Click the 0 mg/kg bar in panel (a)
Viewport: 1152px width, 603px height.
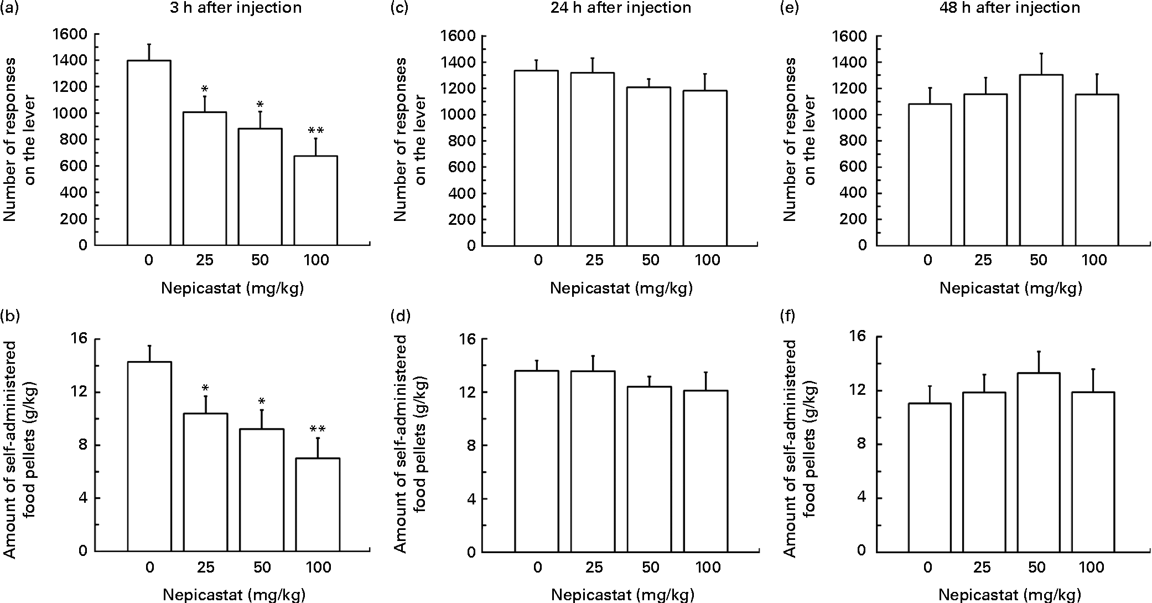149,153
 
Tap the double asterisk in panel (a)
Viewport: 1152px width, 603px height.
316,131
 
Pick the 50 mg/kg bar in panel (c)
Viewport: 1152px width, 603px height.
649,166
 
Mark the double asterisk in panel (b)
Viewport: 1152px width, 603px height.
317,429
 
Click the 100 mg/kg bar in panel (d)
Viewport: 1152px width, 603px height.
705,471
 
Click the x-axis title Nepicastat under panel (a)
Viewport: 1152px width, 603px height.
233,288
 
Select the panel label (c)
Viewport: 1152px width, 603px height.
399,8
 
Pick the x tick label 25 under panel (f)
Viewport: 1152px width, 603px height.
982,568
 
